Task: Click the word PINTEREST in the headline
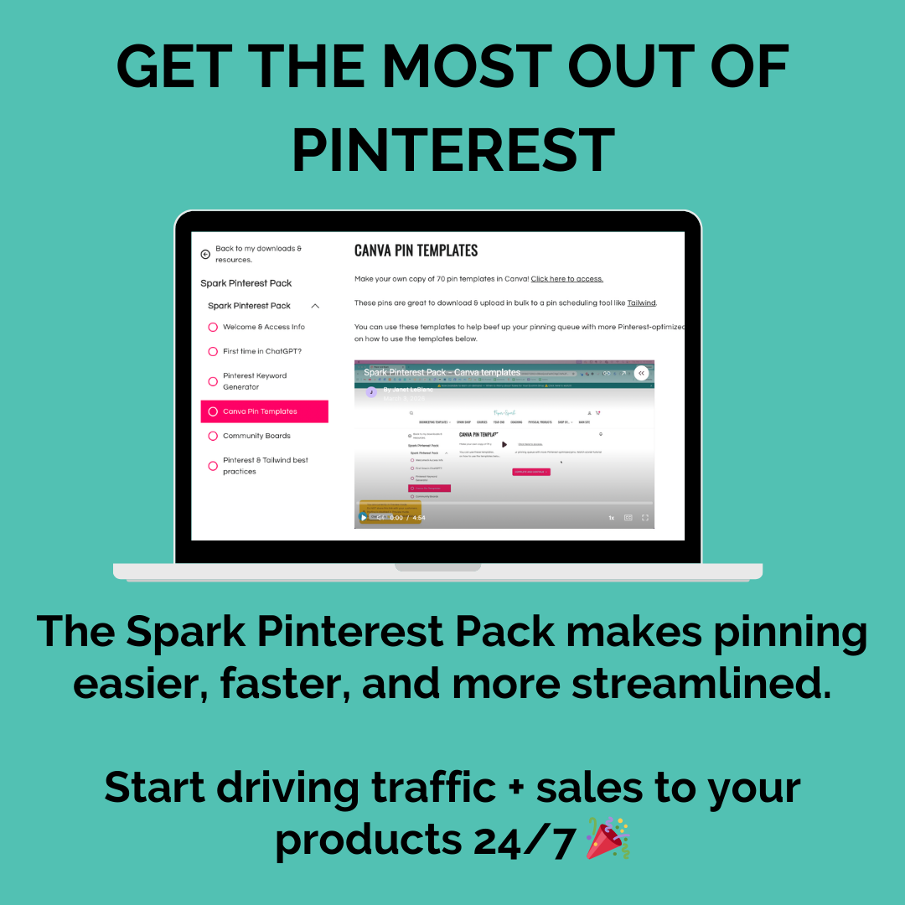pyautogui.click(x=453, y=151)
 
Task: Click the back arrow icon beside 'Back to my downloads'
pyautogui.click(x=205, y=254)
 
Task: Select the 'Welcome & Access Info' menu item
pyautogui.click(x=263, y=327)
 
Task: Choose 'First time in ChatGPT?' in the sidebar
pyautogui.click(x=261, y=351)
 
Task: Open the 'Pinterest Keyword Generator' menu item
pyautogui.click(x=254, y=381)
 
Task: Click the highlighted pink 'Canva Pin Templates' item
pyautogui.click(x=264, y=411)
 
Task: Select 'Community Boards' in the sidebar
pyautogui.click(x=256, y=436)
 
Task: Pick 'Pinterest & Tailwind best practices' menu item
pyautogui.click(x=265, y=466)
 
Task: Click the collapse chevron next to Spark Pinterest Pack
pyautogui.click(x=315, y=306)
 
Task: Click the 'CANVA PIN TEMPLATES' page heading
pyautogui.click(x=416, y=251)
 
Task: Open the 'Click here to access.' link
pyautogui.click(x=566, y=279)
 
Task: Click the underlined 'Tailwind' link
pyautogui.click(x=641, y=303)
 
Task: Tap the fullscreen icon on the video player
pyautogui.click(x=645, y=518)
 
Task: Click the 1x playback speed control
pyautogui.click(x=611, y=518)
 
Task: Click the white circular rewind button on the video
pyautogui.click(x=641, y=373)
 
